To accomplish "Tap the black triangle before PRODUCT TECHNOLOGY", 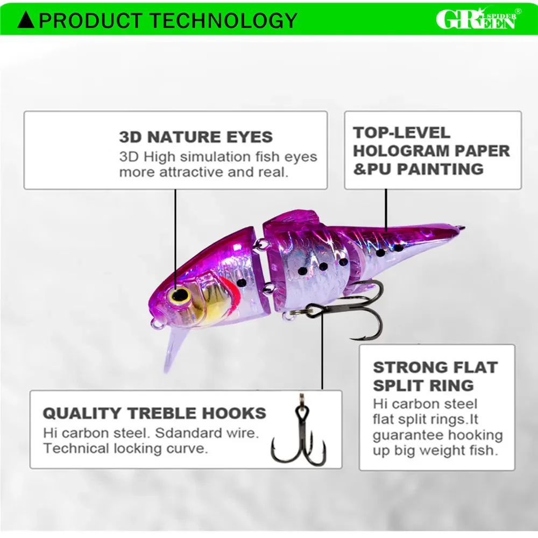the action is (x=26, y=20).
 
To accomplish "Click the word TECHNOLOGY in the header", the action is (x=224, y=20).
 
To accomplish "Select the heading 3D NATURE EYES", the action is (x=196, y=137).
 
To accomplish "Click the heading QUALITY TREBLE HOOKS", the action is (x=154, y=413).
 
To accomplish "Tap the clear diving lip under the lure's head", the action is (x=175, y=350).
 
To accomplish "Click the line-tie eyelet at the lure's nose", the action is (x=157, y=323).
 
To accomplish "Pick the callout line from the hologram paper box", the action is (x=386, y=210).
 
